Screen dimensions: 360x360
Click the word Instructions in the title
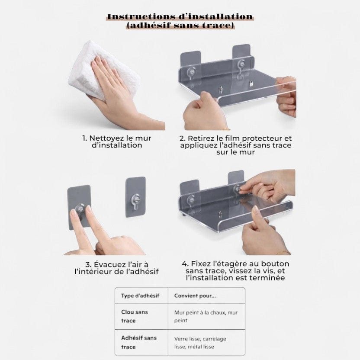141,17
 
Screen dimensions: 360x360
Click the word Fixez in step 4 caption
199,264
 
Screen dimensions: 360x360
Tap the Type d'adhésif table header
140,296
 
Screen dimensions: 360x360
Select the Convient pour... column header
195,296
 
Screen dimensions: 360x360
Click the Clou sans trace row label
135,316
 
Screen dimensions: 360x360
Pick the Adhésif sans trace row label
139,342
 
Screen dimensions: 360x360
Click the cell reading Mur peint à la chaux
206,316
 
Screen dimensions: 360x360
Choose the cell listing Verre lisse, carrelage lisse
200,343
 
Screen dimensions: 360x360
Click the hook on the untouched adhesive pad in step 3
135,201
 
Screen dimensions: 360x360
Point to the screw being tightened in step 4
237,189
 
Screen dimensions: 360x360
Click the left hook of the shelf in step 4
191,200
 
